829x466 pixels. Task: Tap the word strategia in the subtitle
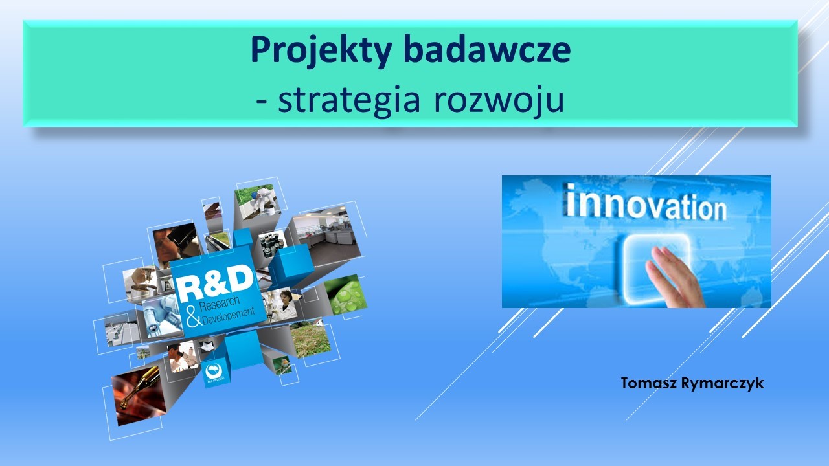pyautogui.click(x=349, y=101)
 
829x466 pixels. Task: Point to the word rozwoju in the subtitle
pyautogui.click(x=499, y=101)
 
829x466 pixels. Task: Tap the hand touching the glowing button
pyautogui.click(x=674, y=278)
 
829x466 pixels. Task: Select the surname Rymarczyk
pyautogui.click(x=722, y=384)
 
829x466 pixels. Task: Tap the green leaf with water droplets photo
pyautogui.click(x=345, y=294)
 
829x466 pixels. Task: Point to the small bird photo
pyautogui.click(x=282, y=365)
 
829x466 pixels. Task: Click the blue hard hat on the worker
pyautogui.click(x=254, y=195)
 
